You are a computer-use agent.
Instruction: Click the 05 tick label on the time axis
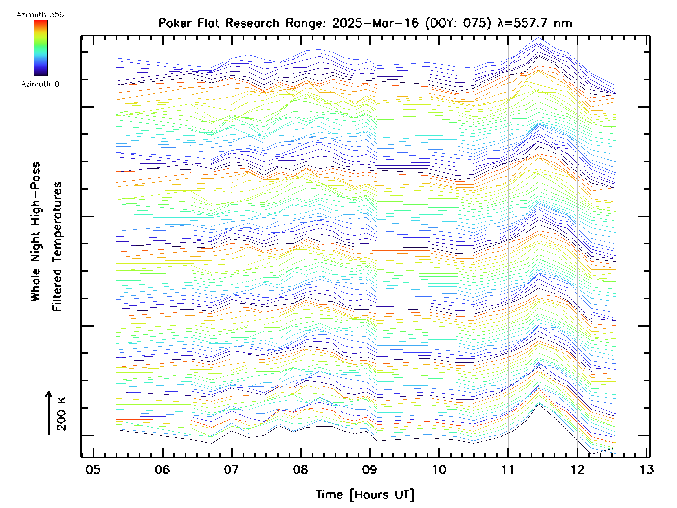click(x=93, y=469)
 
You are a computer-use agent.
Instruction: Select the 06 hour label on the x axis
click(x=162, y=469)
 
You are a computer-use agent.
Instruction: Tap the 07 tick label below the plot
click(x=231, y=469)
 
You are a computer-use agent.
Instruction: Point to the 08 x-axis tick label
click(x=300, y=469)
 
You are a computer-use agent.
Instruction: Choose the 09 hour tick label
click(x=370, y=469)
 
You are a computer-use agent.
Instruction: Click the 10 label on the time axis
click(x=439, y=469)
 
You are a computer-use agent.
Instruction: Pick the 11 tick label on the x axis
click(x=508, y=469)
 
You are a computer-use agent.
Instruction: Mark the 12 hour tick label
click(x=577, y=469)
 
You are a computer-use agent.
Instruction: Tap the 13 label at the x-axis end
click(x=647, y=469)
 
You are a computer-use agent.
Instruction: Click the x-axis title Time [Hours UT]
click(x=365, y=494)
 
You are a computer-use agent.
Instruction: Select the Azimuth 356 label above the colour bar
click(x=40, y=15)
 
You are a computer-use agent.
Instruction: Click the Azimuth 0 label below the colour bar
click(x=40, y=84)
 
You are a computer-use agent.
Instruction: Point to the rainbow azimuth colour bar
click(x=41, y=48)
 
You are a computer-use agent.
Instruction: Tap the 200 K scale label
click(x=61, y=414)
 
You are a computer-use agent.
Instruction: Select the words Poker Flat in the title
click(x=188, y=23)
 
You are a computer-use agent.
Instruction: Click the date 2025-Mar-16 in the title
click(x=375, y=23)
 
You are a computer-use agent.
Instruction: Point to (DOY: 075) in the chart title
click(x=458, y=23)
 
